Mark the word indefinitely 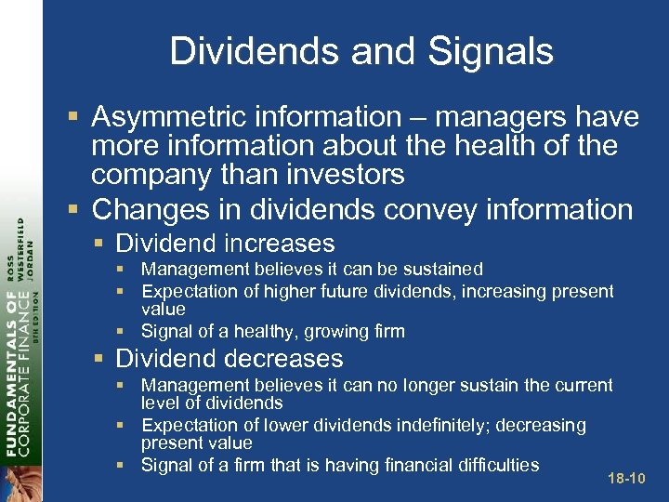(435, 426)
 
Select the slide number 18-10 (624, 479)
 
